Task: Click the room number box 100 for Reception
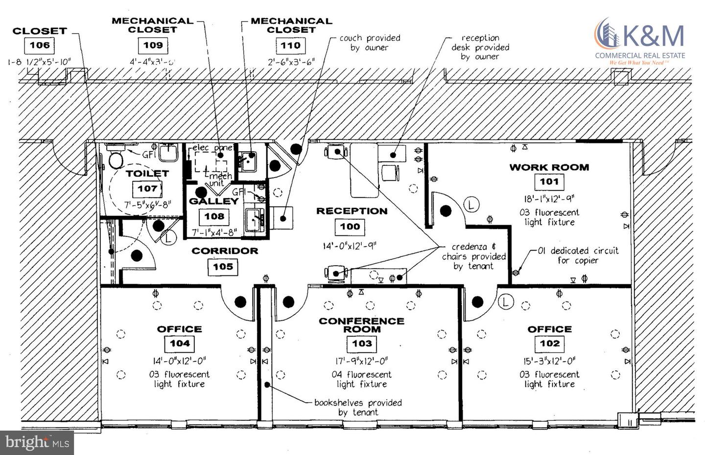point(350,227)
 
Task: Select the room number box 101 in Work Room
point(549,182)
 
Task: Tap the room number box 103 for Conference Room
point(362,343)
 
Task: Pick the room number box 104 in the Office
point(180,343)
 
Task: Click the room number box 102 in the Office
point(549,343)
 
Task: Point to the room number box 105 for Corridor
point(223,267)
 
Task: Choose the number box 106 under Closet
point(40,45)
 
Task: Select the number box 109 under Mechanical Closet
point(153,45)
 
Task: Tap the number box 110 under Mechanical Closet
point(290,46)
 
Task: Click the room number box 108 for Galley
point(214,216)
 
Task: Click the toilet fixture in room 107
point(116,158)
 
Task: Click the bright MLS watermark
point(37,442)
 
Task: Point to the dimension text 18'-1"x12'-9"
point(549,199)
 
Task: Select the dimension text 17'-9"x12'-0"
point(362,361)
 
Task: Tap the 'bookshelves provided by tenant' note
point(358,408)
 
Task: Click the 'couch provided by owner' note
point(370,43)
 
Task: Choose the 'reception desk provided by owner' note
point(480,47)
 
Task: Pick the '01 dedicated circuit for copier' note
point(578,255)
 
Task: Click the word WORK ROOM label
point(549,167)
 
